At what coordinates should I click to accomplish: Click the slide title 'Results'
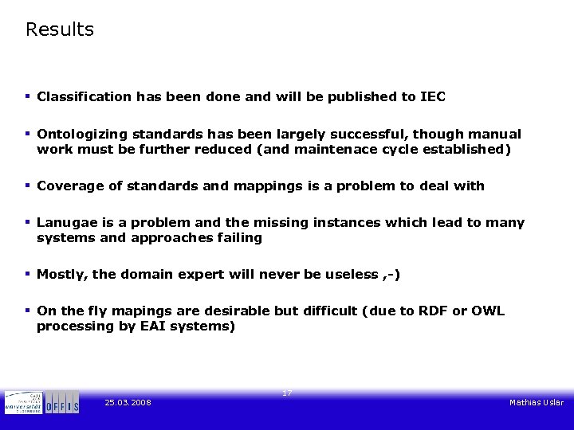pyautogui.click(x=60, y=29)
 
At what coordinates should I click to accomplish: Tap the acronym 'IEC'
pyautogui.click(x=433, y=96)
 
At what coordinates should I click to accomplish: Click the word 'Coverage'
pyautogui.click(x=69, y=186)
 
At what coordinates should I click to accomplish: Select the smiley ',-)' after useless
pyautogui.click(x=391, y=275)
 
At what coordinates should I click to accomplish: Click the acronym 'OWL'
pyautogui.click(x=489, y=311)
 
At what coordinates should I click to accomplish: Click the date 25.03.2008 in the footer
pyautogui.click(x=128, y=403)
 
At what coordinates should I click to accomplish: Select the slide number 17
pyautogui.click(x=287, y=393)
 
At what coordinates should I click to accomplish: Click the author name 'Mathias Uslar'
pyautogui.click(x=537, y=403)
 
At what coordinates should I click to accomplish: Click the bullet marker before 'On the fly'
pyautogui.click(x=28, y=310)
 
